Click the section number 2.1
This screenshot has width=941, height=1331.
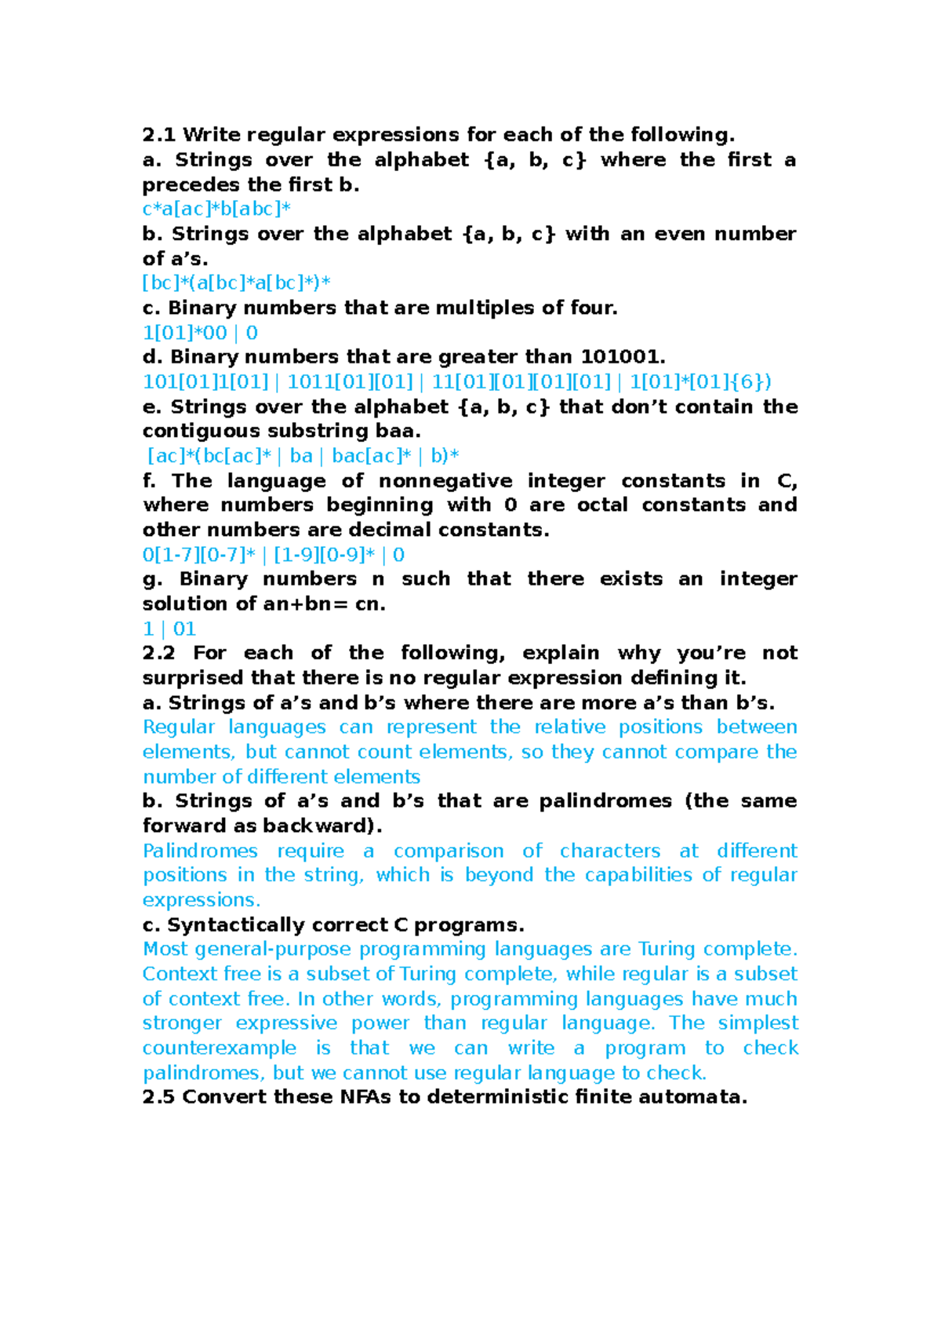159,135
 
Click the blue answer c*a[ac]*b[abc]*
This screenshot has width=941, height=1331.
216,209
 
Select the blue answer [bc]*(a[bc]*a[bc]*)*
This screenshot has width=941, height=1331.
236,283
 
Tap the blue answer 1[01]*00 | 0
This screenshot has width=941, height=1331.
200,333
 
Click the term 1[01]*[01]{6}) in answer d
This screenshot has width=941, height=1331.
700,382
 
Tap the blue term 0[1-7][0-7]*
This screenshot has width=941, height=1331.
199,555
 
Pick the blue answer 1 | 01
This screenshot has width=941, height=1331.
169,629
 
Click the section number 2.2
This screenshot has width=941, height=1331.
159,653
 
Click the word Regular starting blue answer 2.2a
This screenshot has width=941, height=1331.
179,727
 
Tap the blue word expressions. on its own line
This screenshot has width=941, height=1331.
202,900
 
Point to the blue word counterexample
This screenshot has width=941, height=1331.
220,1048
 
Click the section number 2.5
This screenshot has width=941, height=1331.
159,1097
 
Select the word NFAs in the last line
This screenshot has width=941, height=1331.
365,1097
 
